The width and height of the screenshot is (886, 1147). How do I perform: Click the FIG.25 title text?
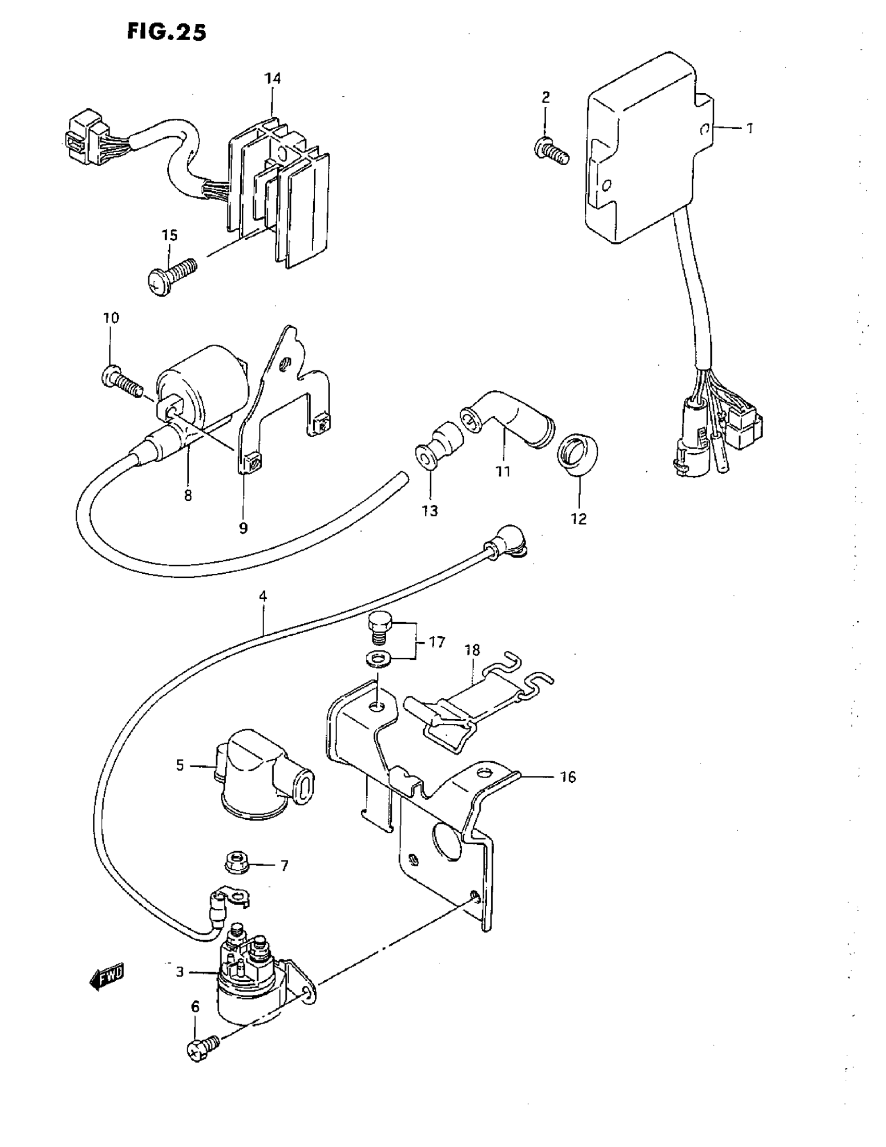[x=166, y=32]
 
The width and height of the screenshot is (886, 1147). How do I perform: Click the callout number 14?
[x=273, y=79]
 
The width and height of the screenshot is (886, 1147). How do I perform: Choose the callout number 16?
[x=568, y=777]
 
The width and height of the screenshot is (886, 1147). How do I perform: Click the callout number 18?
[x=472, y=650]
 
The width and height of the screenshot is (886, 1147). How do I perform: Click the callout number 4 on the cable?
[x=263, y=596]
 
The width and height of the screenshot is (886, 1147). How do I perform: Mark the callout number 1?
[x=750, y=128]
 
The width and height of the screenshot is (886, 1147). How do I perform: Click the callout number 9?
[x=243, y=528]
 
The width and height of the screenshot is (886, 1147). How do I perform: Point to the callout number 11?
[x=503, y=472]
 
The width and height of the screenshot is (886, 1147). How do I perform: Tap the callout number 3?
[x=180, y=972]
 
